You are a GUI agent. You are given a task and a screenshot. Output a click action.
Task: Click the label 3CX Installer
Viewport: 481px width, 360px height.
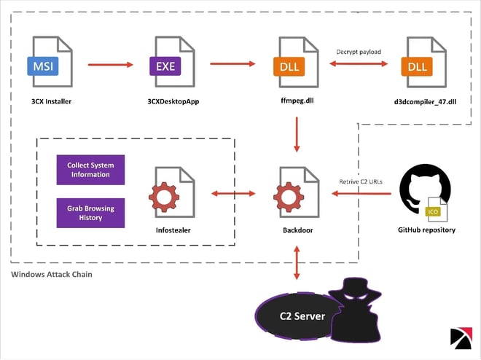point(51,101)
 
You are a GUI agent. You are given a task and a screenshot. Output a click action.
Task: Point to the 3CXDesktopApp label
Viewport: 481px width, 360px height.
point(173,101)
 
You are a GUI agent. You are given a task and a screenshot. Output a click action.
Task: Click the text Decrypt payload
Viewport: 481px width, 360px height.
point(359,51)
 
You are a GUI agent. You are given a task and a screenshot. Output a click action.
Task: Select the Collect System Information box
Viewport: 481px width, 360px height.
point(90,169)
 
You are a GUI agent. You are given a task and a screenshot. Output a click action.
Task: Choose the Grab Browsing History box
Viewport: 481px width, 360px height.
point(90,212)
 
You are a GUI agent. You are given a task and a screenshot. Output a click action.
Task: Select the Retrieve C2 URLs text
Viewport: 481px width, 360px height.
point(361,181)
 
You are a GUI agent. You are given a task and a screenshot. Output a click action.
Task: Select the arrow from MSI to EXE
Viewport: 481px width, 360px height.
point(111,64)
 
